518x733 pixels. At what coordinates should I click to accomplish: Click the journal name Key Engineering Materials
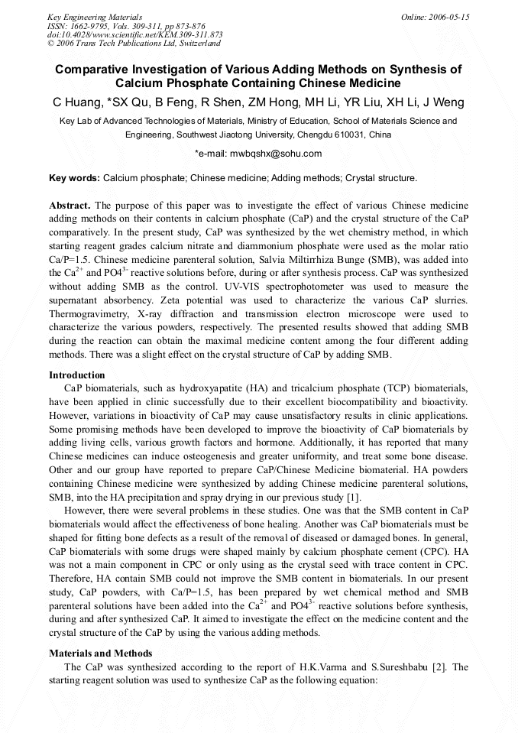94,17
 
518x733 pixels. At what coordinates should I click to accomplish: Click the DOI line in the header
134,35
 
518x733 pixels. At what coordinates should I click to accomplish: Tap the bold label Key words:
74,178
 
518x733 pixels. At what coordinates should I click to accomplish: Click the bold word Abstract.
70,206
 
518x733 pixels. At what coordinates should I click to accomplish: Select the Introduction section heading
77,375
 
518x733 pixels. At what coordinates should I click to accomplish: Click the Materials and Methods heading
100,654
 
